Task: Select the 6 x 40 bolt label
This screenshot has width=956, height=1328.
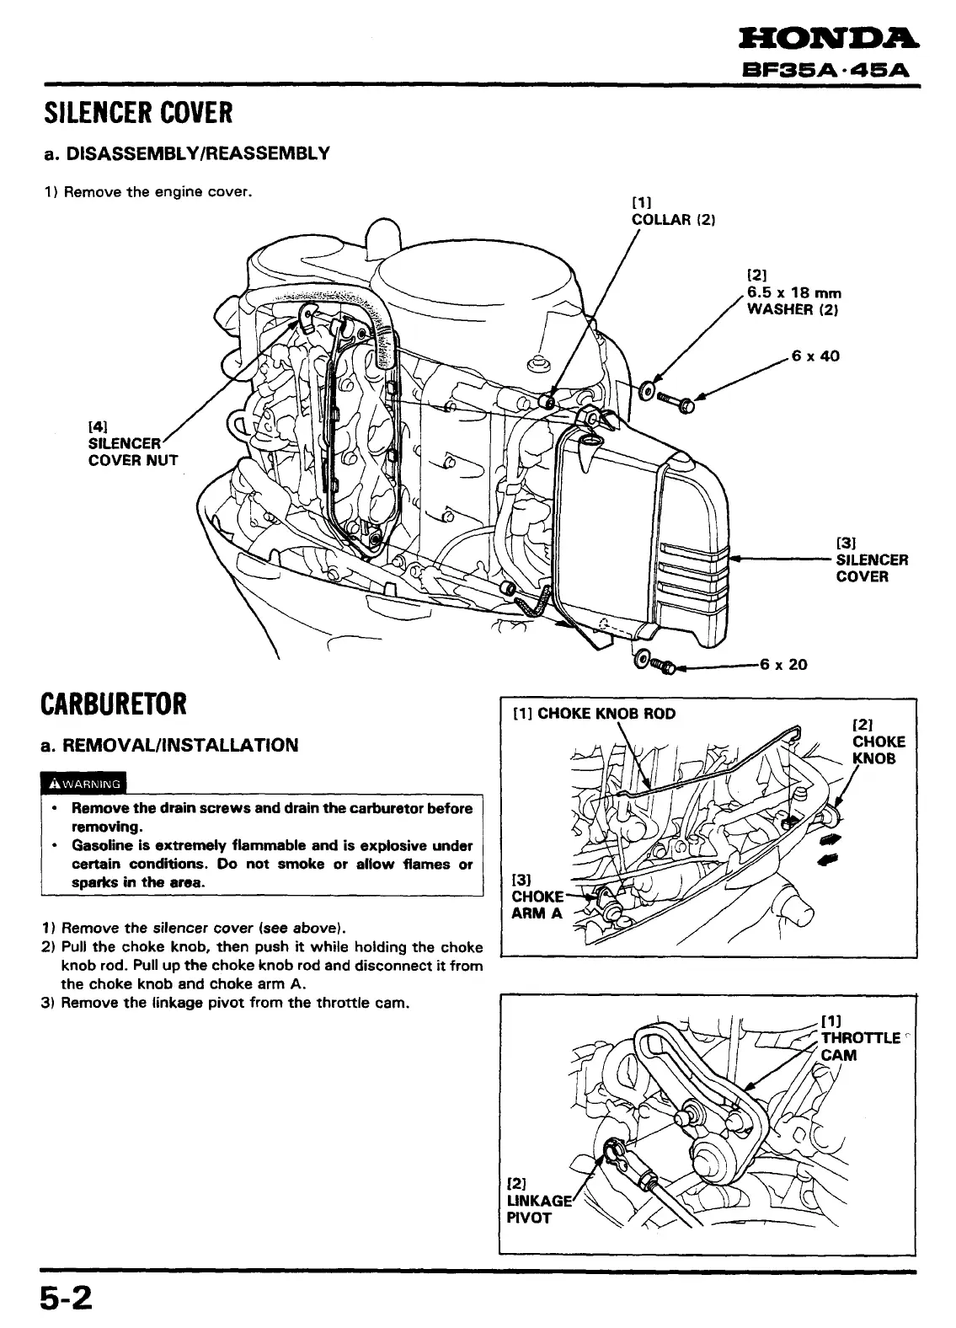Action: point(815,356)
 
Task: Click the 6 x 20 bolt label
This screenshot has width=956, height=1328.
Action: point(783,664)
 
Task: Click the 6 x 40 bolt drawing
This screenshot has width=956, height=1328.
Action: point(676,399)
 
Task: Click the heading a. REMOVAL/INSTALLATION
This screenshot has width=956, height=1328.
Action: point(171,745)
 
